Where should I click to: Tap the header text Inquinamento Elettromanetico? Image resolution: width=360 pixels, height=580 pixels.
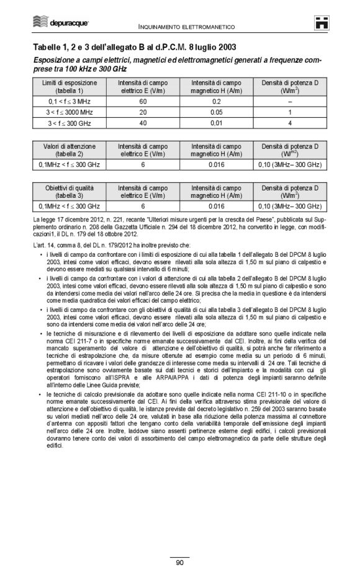(x=186, y=27)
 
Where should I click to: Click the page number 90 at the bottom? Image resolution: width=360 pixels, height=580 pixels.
(x=179, y=563)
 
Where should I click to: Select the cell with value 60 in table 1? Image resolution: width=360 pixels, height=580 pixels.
(x=143, y=100)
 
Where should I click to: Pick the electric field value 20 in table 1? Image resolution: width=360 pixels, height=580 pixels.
(x=143, y=112)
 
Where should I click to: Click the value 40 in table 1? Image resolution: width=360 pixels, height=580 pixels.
(x=143, y=123)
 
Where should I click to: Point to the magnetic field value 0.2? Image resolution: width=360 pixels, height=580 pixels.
(x=217, y=100)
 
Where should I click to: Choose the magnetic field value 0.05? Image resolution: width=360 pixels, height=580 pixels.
(x=217, y=112)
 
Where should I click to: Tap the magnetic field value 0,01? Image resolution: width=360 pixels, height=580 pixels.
(x=217, y=123)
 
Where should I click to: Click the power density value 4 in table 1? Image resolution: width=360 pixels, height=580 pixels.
(x=290, y=123)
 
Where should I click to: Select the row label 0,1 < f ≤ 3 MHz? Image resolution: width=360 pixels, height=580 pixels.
(x=70, y=100)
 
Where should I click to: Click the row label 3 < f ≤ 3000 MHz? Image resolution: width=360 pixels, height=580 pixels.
(x=70, y=112)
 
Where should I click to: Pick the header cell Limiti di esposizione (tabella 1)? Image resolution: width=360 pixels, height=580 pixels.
(x=70, y=86)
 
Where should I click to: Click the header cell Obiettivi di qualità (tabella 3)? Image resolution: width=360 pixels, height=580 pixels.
(x=70, y=191)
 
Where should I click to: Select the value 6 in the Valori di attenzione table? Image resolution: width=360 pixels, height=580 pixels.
(x=143, y=164)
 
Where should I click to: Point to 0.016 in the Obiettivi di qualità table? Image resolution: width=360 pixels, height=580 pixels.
(x=217, y=206)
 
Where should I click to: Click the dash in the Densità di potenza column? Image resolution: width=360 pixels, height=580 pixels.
(x=290, y=100)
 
